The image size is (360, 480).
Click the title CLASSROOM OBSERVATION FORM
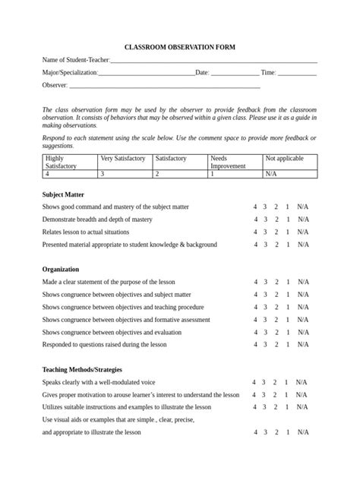[x=180, y=47]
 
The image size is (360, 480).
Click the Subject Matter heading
[x=64, y=194]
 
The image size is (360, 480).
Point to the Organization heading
[x=60, y=269]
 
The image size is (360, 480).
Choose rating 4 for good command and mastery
[x=256, y=207]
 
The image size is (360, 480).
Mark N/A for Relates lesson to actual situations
[x=303, y=232]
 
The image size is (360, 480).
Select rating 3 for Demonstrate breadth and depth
[x=265, y=219]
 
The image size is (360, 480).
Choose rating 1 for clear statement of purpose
[x=286, y=282]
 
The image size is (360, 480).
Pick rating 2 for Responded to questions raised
[x=276, y=345]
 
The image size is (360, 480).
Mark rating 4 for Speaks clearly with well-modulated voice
[x=254, y=382]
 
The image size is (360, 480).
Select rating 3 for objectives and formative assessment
[x=265, y=320]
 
